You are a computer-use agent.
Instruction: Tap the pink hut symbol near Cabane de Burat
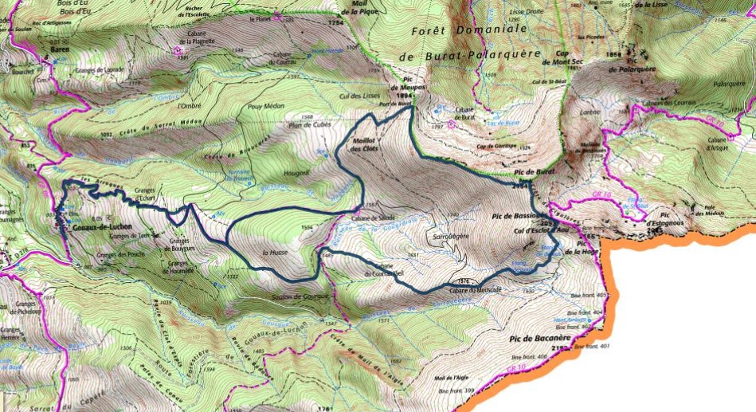coord(452,124)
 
